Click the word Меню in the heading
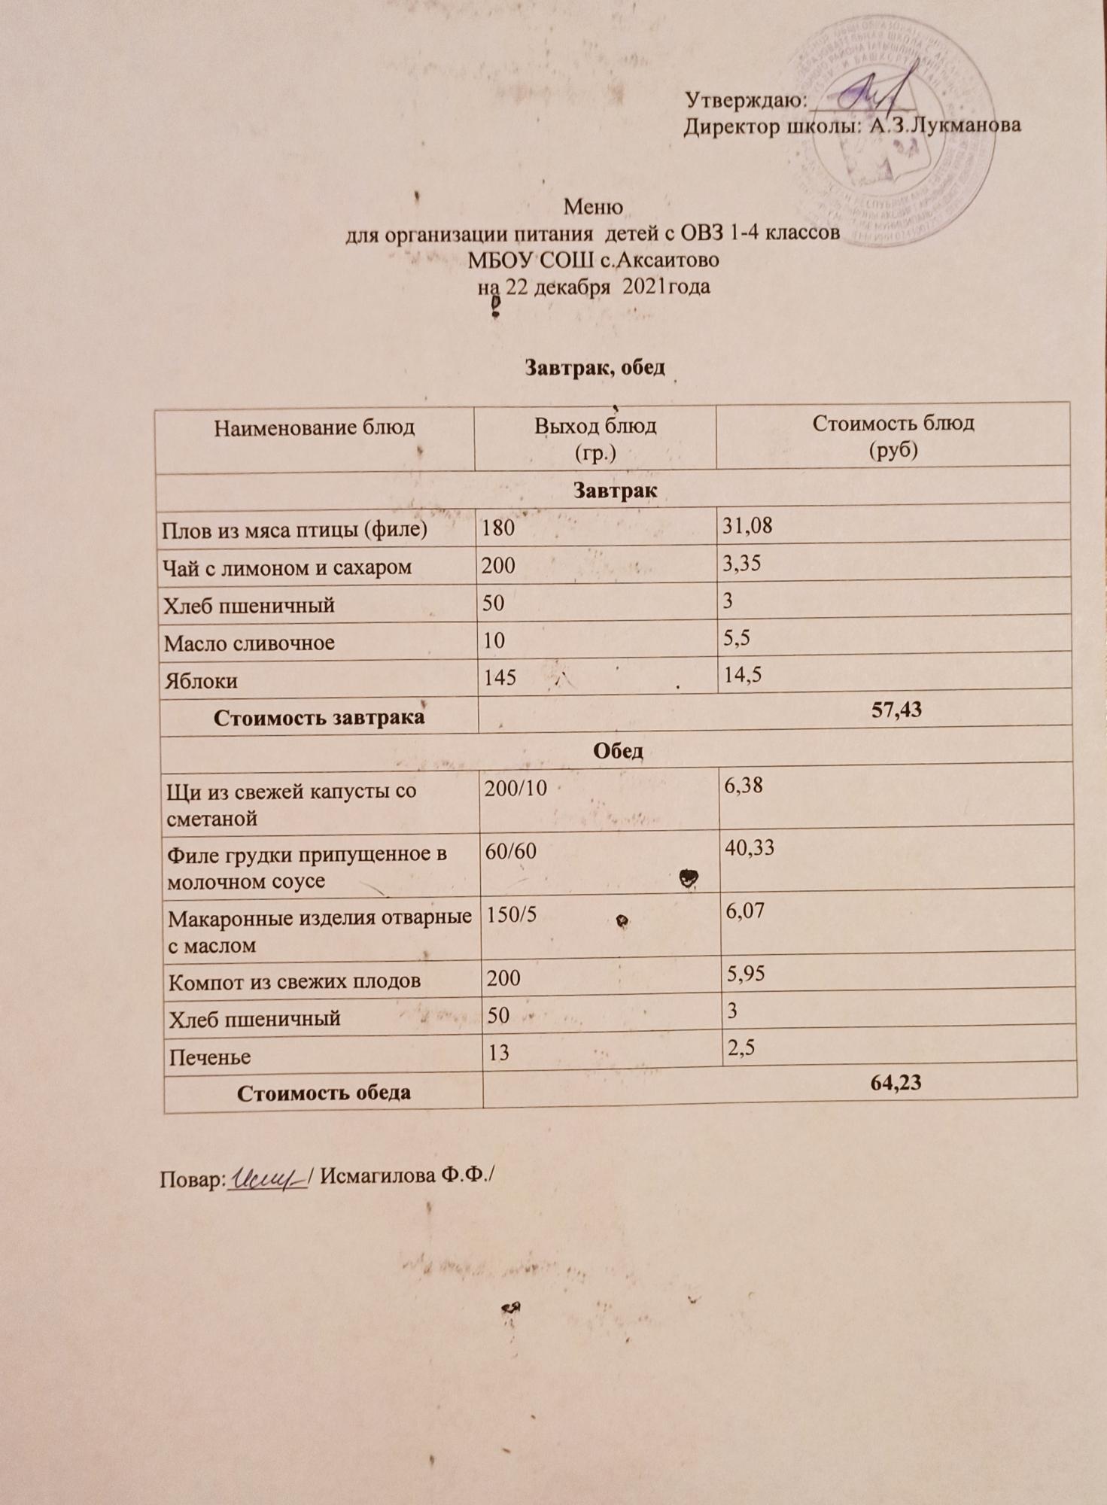pyautogui.click(x=592, y=206)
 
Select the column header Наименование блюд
pyautogui.click(x=315, y=428)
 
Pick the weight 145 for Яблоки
pyautogui.click(x=499, y=678)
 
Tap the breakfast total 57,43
pyautogui.click(x=896, y=709)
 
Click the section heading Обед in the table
pyautogui.click(x=617, y=751)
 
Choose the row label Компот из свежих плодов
pyautogui.click(x=294, y=981)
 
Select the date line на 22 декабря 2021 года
pyautogui.click(x=595, y=287)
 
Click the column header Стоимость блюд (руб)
pyautogui.click(x=893, y=436)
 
